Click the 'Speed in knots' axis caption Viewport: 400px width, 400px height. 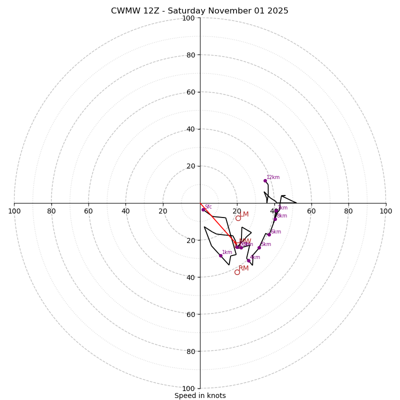[x=200, y=395]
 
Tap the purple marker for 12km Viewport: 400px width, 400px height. [x=265, y=180]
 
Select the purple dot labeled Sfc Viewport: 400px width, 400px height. [x=203, y=209]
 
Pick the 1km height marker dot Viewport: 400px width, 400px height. [x=220, y=255]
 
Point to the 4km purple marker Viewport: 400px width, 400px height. [x=248, y=260]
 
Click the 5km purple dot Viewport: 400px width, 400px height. [x=259, y=247]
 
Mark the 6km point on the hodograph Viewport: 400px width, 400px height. [x=269, y=234]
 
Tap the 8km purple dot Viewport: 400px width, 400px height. [x=275, y=219]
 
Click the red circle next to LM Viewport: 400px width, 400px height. [x=238, y=218]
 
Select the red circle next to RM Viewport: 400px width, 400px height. [x=237, y=272]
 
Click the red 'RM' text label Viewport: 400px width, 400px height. [x=243, y=268]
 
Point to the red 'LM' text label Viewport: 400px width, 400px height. [x=244, y=214]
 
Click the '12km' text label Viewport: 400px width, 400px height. [x=273, y=177]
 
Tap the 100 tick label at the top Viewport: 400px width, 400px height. [x=188, y=18]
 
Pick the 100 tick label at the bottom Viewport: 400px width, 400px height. [x=188, y=388]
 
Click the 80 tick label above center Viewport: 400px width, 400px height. [x=190, y=55]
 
